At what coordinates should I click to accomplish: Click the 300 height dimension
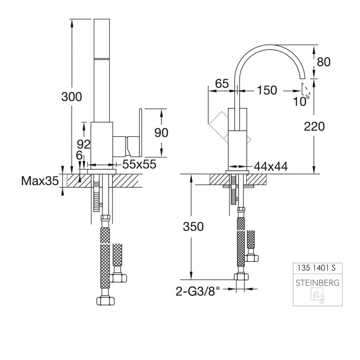coord(71,97)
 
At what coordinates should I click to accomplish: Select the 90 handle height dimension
coord(161,132)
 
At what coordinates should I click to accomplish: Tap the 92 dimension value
coord(83,143)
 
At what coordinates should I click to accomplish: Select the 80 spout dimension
coord(323,62)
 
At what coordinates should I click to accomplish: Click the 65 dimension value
coord(222,83)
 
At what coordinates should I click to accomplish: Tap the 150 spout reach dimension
coord(266,91)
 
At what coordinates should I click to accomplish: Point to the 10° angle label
coord(301,101)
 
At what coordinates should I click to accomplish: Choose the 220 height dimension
coord(314,127)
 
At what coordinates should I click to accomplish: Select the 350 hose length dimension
coord(193,227)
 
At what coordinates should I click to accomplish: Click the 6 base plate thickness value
coord(78,155)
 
